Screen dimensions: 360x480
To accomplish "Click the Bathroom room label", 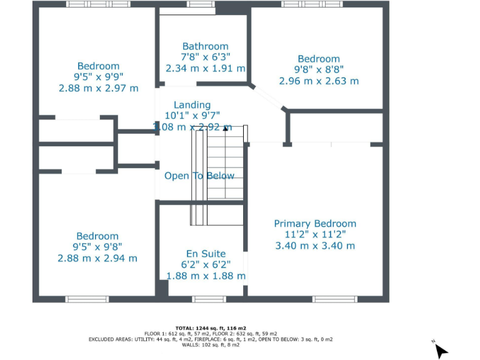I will [205, 46].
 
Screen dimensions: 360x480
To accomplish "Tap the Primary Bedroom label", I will [315, 224].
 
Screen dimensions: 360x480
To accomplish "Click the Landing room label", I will [192, 105].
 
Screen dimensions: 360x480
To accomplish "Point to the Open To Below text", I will [199, 176].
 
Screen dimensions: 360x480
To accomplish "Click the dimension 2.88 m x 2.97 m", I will [98, 88].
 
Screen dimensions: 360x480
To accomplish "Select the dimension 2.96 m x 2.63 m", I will [319, 81].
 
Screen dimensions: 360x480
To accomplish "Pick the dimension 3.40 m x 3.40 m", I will [315, 246].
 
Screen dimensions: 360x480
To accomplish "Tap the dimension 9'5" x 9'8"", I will [97, 247].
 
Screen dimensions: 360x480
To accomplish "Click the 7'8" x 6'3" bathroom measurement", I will [205, 57].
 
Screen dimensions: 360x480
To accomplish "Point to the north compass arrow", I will [441, 350].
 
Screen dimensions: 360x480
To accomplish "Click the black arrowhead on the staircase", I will [226, 127].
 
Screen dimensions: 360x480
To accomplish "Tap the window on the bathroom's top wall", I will [200, 4].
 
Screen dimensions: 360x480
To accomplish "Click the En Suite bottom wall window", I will [209, 299].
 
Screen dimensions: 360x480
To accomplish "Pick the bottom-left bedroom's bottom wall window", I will [87, 299].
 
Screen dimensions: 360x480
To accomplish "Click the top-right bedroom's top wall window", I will [312, 4].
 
